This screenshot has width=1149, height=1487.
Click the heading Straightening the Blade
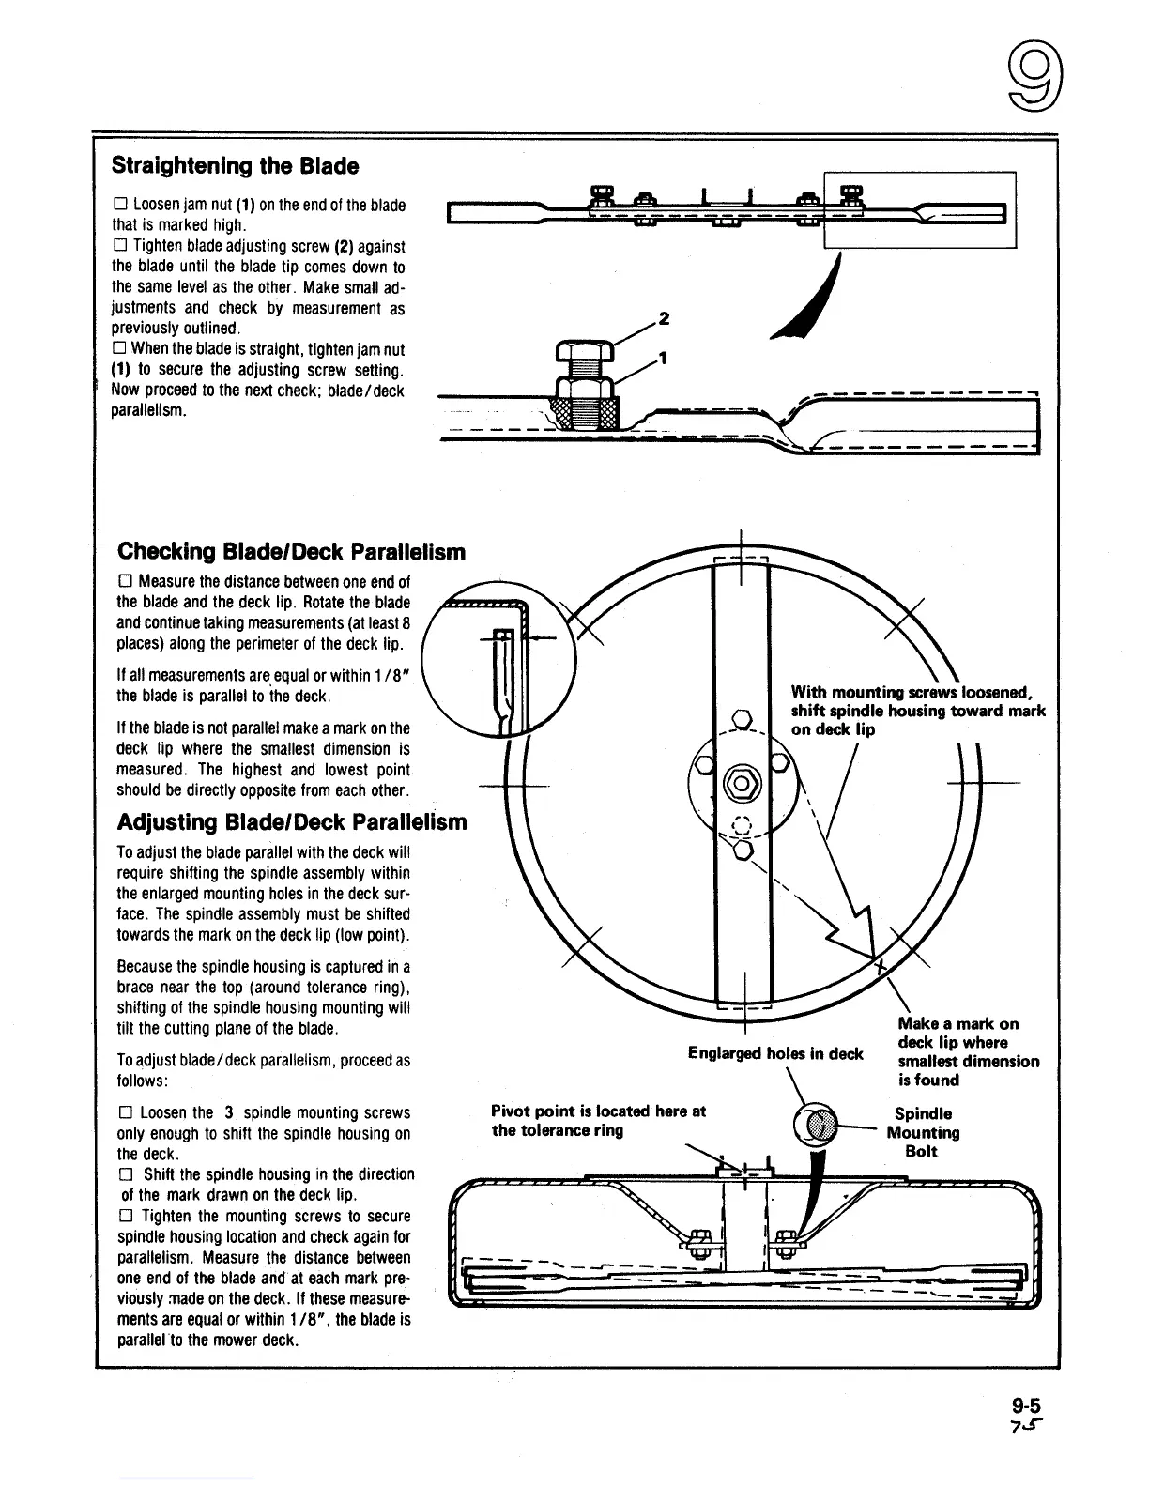235,166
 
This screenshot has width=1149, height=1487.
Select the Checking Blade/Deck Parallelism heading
291,551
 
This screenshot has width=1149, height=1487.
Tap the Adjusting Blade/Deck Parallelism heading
291,822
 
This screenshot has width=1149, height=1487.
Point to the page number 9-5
1027,1406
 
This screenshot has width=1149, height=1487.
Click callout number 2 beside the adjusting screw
664,319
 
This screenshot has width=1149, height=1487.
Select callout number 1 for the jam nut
664,358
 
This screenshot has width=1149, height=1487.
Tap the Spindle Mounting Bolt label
922,1132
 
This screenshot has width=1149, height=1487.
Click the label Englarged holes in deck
774,1053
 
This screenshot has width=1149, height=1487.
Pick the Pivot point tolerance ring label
598,1121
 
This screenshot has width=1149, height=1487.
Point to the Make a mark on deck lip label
967,1051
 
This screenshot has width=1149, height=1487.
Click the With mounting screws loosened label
917,712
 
